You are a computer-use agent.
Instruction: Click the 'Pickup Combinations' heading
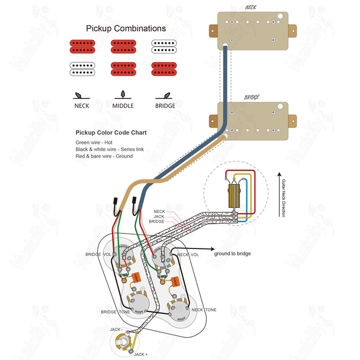pos(125,29)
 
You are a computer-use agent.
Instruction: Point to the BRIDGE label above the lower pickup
pos(251,97)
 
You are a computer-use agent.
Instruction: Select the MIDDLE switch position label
pos(123,106)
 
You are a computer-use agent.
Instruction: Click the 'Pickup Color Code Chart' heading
pos(111,133)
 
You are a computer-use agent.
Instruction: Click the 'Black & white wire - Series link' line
pos(110,149)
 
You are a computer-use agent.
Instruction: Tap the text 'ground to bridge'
pos(233,254)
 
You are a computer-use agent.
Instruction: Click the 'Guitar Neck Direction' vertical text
pos(283,198)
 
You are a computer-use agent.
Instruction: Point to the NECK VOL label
pos(188,255)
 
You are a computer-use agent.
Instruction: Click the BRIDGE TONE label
pos(115,312)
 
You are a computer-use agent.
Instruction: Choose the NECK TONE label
pos(204,310)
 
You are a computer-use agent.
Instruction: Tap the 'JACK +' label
pos(140,354)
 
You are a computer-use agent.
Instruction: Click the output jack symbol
pos(123,339)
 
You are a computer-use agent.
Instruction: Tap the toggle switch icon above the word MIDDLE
pos(123,95)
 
